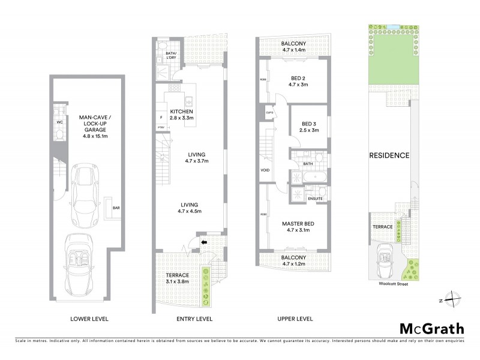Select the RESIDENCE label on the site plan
tap(389, 155)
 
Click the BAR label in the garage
tap(116, 208)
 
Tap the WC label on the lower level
tap(59, 122)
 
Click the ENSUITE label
tap(316, 199)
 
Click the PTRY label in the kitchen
tap(161, 127)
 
